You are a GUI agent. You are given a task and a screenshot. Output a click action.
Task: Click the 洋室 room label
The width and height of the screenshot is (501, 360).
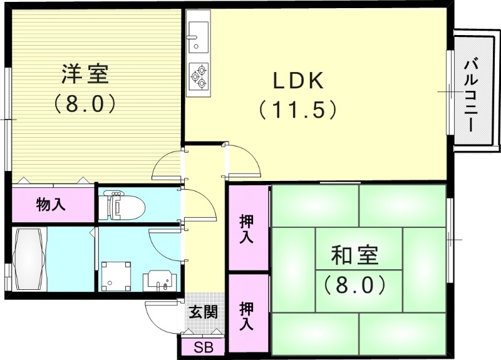pyautogui.click(x=85, y=74)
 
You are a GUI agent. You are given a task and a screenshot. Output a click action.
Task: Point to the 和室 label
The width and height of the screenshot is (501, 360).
pyautogui.click(x=354, y=256)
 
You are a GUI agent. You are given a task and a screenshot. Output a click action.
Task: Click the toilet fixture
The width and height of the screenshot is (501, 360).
pyautogui.click(x=123, y=205)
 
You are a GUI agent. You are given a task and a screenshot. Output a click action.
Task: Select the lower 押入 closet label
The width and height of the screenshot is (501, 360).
pyautogui.click(x=246, y=316)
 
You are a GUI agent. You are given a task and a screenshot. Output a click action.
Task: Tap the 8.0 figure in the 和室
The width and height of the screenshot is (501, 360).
pyautogui.click(x=354, y=285)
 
